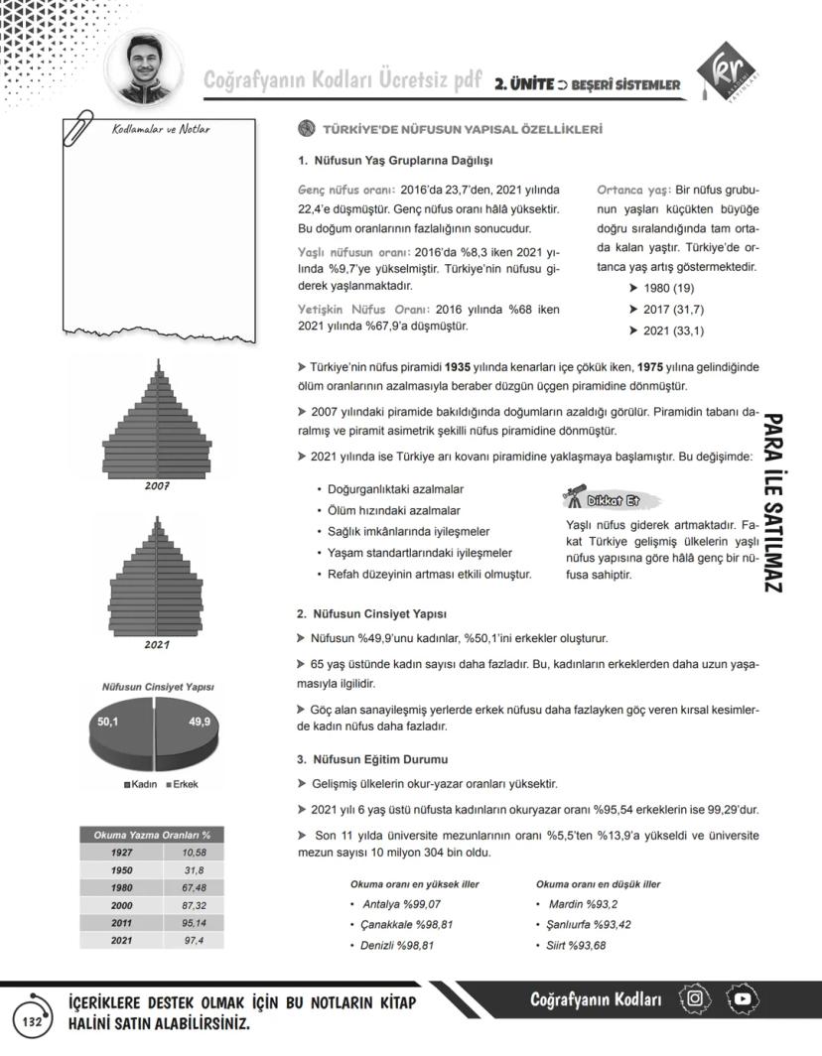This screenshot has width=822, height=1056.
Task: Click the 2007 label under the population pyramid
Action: click(156, 486)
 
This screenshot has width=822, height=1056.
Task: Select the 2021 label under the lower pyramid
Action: click(156, 644)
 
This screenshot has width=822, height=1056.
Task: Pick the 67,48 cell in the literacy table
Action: click(194, 887)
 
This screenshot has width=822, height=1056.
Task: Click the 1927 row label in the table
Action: click(121, 853)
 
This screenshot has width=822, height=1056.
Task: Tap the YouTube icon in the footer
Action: click(743, 998)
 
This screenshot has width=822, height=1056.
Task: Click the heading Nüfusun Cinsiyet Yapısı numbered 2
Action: click(372, 613)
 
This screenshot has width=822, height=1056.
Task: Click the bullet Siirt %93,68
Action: click(575, 945)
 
